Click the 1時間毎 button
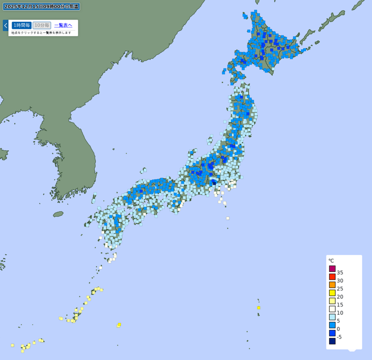21,25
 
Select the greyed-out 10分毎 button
42,25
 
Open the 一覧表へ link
63,25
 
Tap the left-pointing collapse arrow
6,25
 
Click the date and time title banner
41,7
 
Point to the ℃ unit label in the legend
331,260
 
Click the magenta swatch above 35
332,268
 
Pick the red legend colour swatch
332,277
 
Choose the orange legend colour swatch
332,285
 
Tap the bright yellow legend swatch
332,293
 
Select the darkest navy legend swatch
332,341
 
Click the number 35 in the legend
340,273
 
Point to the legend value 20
340,297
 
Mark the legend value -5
339,337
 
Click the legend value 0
339,329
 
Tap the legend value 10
340,313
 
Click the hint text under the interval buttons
41,33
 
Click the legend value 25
340,289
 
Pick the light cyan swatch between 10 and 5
332,317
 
